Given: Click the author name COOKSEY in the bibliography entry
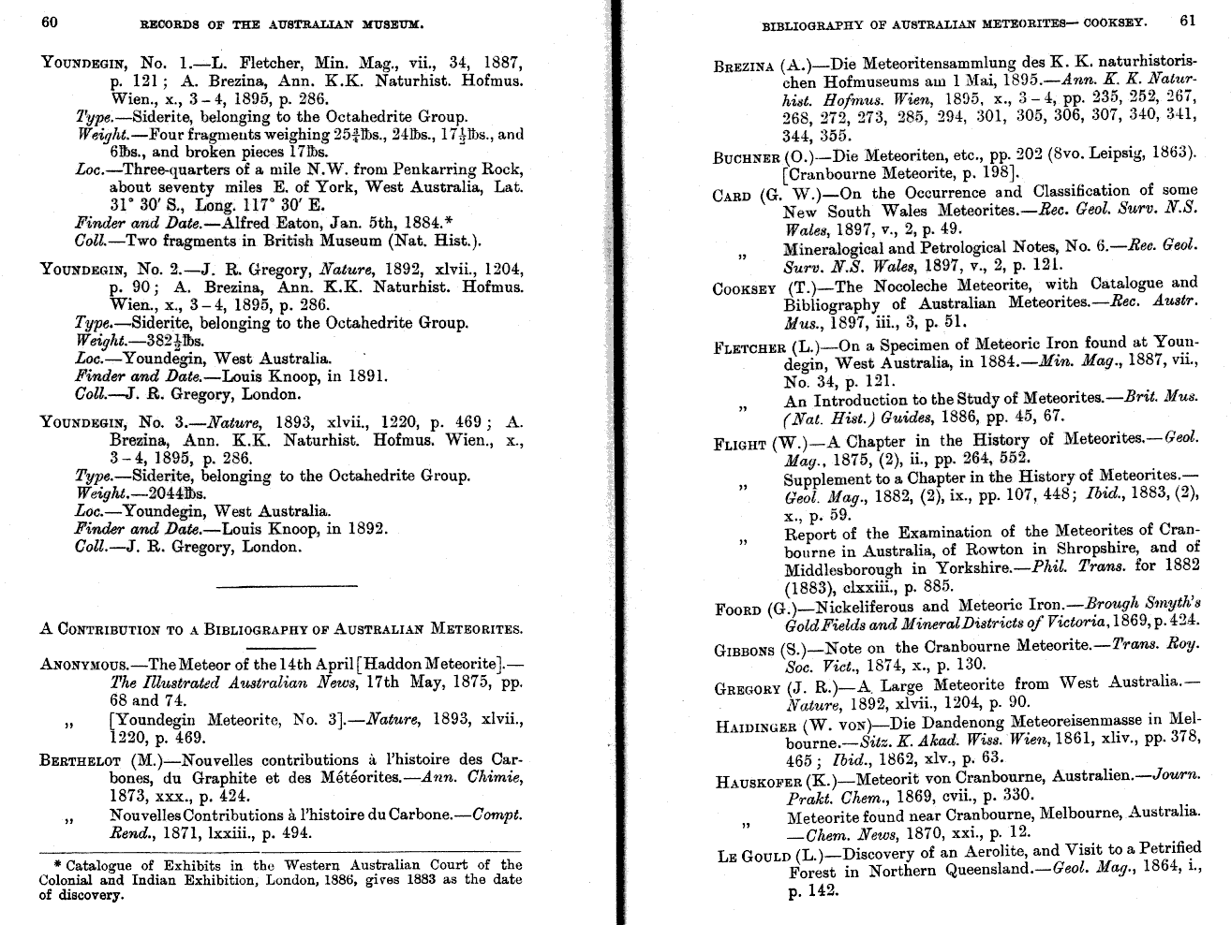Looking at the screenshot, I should click(744, 287).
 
